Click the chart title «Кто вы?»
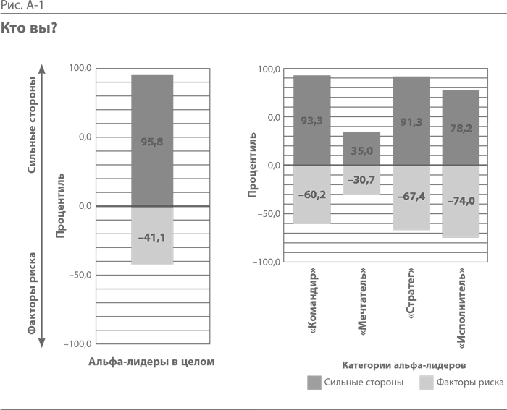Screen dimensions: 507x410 (29, 28)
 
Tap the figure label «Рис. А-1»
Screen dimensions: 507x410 (22, 6)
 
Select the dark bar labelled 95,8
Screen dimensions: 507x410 (152, 140)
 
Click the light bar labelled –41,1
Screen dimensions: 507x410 (152, 235)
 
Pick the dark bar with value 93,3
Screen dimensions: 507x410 (312, 120)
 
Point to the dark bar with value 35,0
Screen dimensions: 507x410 (361, 148)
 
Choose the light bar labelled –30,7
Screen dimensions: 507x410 (361, 180)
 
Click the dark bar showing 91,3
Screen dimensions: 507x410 (411, 121)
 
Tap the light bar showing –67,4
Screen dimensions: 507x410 (411, 198)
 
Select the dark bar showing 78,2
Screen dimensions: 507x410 (461, 127)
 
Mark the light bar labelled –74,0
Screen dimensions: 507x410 (461, 202)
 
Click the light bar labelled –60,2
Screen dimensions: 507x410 (312, 195)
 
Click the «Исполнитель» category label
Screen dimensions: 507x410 (461, 308)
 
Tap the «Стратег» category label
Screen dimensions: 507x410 (411, 293)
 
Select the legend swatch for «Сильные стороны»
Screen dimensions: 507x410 (314, 383)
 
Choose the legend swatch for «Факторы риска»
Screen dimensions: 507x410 (427, 383)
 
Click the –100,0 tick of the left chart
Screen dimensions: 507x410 (77, 344)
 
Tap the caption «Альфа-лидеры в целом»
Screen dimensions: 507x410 (151, 362)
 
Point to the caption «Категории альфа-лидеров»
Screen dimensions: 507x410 (404, 365)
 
